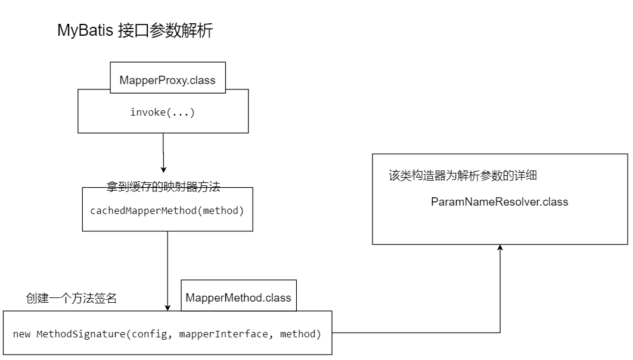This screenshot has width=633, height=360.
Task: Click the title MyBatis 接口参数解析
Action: click(x=135, y=30)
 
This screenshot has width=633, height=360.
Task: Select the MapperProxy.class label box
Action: click(x=167, y=79)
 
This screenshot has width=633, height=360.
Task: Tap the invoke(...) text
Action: click(x=163, y=112)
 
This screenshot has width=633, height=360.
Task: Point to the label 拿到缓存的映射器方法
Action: click(x=163, y=187)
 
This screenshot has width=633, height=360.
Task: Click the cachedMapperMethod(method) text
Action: click(x=167, y=210)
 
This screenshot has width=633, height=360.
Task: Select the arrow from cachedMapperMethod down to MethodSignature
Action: click(x=167, y=268)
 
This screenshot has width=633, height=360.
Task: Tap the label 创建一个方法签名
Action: click(x=71, y=299)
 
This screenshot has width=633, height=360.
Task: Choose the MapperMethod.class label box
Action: click(x=238, y=297)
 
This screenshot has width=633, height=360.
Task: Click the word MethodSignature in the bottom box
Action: click(x=80, y=334)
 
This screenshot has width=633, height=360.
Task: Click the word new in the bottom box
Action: click(x=21, y=334)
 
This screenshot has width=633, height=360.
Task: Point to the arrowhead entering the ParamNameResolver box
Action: click(x=500, y=248)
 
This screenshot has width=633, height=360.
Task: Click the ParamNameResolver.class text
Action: click(x=499, y=201)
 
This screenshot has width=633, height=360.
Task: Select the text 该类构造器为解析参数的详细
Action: click(x=464, y=176)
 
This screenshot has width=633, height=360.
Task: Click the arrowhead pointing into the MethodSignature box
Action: click(x=167, y=306)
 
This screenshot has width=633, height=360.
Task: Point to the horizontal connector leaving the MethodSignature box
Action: click(x=417, y=333)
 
